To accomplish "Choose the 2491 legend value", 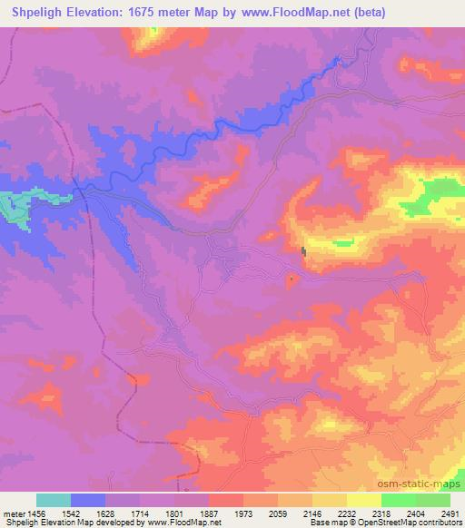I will coord(450,514).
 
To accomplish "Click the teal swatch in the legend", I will coord(54,500).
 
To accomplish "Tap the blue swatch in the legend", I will coord(88,500).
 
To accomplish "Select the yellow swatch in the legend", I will coord(364,500).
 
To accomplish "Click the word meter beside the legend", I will coord(14,514).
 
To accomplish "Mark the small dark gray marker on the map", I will coord(303,252).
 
